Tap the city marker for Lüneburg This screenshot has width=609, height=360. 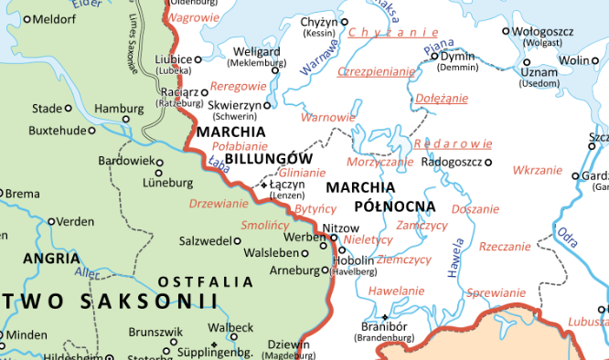pyautogui.click(x=159, y=172)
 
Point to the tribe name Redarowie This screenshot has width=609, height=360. pyautogui.click(x=454, y=143)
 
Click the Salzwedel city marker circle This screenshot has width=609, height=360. pyautogui.click(x=238, y=241)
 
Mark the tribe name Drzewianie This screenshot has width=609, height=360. pyautogui.click(x=219, y=203)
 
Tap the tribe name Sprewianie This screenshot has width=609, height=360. pyautogui.click(x=495, y=292)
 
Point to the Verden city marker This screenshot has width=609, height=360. pyautogui.click(x=51, y=222)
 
